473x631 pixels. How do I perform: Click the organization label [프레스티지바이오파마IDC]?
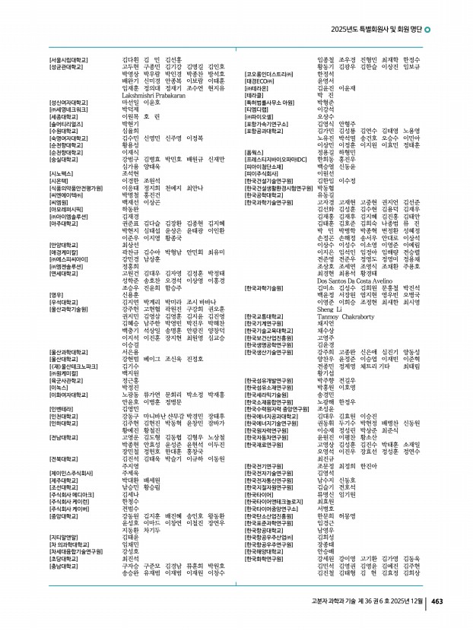282,159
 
